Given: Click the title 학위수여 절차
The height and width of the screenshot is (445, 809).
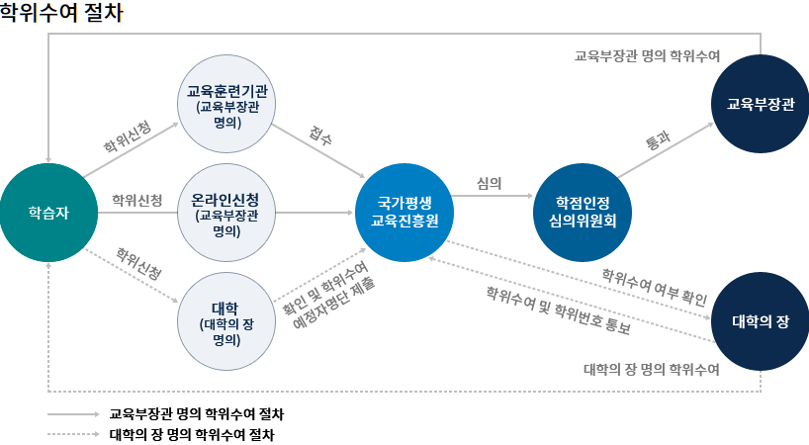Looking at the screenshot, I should point(61,15).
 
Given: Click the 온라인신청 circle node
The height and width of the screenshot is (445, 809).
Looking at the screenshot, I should point(226,213).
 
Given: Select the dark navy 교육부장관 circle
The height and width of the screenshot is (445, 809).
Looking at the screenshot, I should point(760,104).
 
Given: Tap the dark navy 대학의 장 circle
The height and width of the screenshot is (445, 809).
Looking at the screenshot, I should point(760,321).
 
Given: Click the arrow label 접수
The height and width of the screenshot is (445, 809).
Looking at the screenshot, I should point(320,136).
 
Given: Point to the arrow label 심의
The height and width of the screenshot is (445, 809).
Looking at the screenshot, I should point(489,183).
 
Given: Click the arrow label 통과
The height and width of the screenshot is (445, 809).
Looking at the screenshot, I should point(658,141).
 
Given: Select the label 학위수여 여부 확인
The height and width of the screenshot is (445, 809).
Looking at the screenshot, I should point(655,285).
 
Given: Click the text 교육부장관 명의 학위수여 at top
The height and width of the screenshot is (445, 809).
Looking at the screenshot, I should point(647,56).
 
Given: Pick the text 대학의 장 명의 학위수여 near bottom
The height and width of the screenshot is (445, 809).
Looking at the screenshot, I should point(651,369).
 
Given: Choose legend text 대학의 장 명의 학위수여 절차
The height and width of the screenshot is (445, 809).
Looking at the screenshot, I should point(192,433).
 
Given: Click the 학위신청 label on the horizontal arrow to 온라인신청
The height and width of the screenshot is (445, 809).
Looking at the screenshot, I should point(137,201).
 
